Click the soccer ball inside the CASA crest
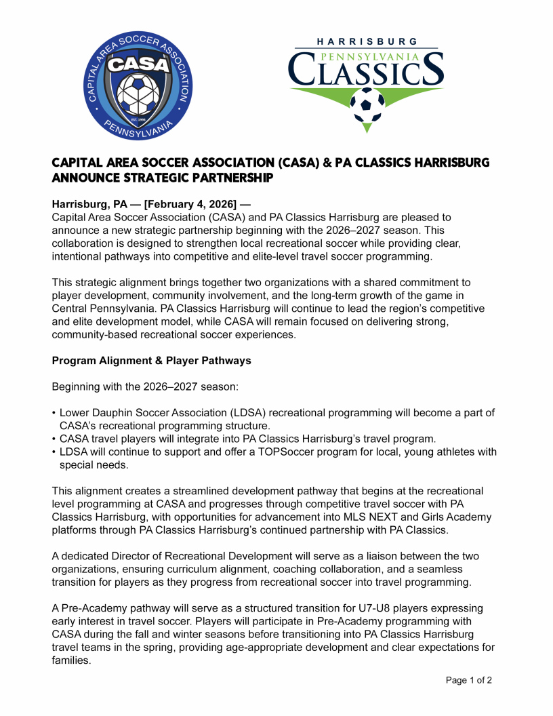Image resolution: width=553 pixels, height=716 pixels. [x=141, y=94]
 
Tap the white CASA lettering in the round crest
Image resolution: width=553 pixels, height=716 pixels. [x=141, y=63]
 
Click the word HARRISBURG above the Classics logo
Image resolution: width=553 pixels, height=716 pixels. [x=367, y=41]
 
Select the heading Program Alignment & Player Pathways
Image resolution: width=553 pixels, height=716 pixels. [x=151, y=361]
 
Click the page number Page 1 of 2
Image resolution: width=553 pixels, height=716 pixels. [x=468, y=680]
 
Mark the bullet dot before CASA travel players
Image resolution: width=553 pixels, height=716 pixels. [x=54, y=439]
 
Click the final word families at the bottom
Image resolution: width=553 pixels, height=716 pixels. [x=71, y=660]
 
